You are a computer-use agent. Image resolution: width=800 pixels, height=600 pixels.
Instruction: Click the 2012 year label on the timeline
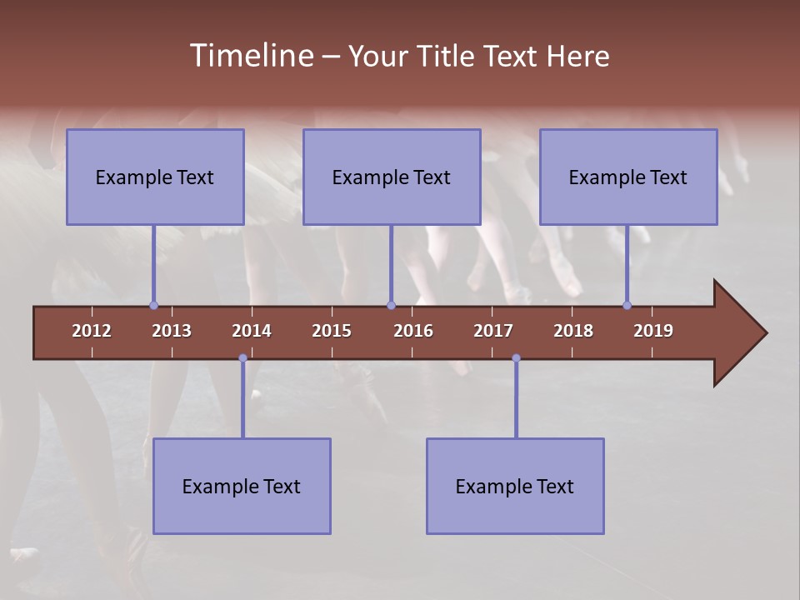92,331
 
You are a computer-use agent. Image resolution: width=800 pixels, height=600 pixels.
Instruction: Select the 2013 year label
172,331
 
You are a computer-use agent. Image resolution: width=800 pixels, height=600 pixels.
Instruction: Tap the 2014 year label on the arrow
252,331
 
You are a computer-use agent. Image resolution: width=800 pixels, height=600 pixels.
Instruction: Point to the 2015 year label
332,331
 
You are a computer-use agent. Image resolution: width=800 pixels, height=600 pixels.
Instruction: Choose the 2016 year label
413,331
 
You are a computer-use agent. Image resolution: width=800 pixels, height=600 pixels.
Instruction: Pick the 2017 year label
493,331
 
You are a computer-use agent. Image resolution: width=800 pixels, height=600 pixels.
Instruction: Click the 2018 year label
573,331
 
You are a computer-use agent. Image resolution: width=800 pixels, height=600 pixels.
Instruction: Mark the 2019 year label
653,331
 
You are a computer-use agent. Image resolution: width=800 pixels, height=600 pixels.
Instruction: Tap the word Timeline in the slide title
250,56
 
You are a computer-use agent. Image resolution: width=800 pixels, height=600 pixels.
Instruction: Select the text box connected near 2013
155,177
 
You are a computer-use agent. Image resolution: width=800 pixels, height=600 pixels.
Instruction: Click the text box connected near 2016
392,177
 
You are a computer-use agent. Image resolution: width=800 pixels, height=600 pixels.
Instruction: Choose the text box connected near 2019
628,177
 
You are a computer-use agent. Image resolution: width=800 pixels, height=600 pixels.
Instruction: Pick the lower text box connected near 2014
242,486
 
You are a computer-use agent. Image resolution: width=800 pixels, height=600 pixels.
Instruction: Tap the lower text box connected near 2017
515,486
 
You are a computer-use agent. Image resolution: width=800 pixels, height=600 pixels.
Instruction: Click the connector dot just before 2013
153,305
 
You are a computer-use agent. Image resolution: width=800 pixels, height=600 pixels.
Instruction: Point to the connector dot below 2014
242,358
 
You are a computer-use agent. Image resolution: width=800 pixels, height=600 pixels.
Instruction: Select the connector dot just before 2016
391,305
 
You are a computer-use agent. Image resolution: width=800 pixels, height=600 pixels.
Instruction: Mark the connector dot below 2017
516,358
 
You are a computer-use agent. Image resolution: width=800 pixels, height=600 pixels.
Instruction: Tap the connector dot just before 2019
627,305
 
